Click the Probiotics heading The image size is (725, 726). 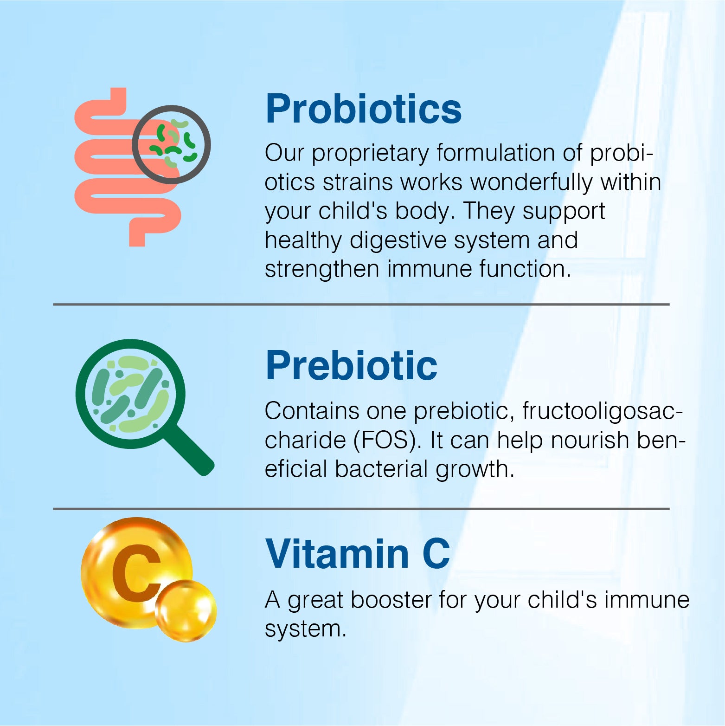point(363,109)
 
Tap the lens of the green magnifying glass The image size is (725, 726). point(130,394)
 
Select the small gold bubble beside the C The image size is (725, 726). point(186,610)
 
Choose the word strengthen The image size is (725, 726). point(322,269)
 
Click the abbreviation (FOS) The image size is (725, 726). point(387,441)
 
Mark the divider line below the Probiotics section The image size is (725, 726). point(361,305)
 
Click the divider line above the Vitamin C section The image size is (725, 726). point(361,509)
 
